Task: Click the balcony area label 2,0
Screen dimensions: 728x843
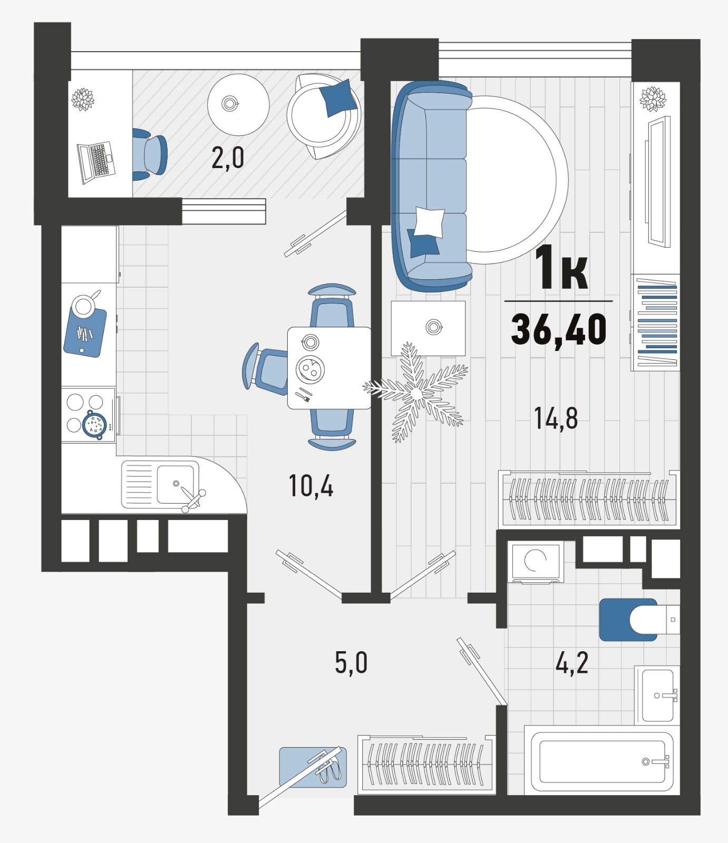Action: tap(228, 158)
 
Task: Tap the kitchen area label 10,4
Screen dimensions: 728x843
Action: tap(311, 486)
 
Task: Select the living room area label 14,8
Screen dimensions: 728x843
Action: tap(556, 418)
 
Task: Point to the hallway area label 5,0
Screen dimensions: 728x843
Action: tap(351, 662)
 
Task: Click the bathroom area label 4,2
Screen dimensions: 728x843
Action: tap(572, 662)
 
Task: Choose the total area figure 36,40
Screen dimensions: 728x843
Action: tap(559, 329)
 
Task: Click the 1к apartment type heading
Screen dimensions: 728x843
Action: tap(561, 268)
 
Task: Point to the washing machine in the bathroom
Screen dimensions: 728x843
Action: tap(536, 562)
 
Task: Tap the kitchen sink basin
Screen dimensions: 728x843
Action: tap(176, 484)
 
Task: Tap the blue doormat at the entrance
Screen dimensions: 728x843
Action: tap(313, 767)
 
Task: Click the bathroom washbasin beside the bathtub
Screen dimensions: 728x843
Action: tap(657, 695)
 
